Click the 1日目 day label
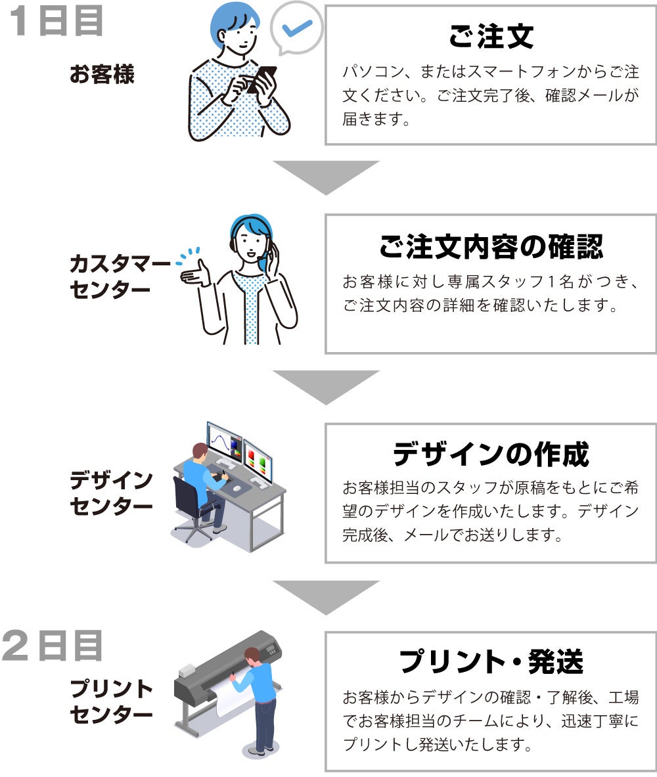[x=56, y=21]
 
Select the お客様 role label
[x=102, y=74]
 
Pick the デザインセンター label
[x=111, y=493]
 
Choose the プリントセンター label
[x=111, y=701]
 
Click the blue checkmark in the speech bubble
[x=296, y=28]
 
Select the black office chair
[x=191, y=509]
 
